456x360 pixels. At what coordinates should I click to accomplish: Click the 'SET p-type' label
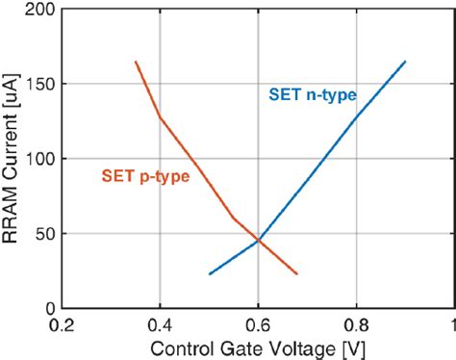tap(144, 176)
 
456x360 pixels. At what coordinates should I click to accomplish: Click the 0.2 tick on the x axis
tap(63, 324)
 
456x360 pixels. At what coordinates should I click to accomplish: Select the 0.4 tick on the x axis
tap(160, 324)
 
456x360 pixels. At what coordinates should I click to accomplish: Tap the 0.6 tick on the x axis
tap(258, 324)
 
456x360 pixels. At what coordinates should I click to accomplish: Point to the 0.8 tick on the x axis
tap(356, 324)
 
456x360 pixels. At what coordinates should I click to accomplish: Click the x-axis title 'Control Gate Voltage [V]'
tap(258, 346)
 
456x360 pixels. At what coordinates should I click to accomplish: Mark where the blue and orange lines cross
tap(258, 240)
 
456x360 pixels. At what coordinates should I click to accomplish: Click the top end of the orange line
tap(136, 62)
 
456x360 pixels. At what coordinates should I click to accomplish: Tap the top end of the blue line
tap(405, 62)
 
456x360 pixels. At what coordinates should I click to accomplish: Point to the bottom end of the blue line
tap(209, 274)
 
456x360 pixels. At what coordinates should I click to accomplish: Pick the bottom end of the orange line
tap(297, 274)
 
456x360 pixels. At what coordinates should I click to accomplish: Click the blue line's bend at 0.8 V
tap(356, 118)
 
